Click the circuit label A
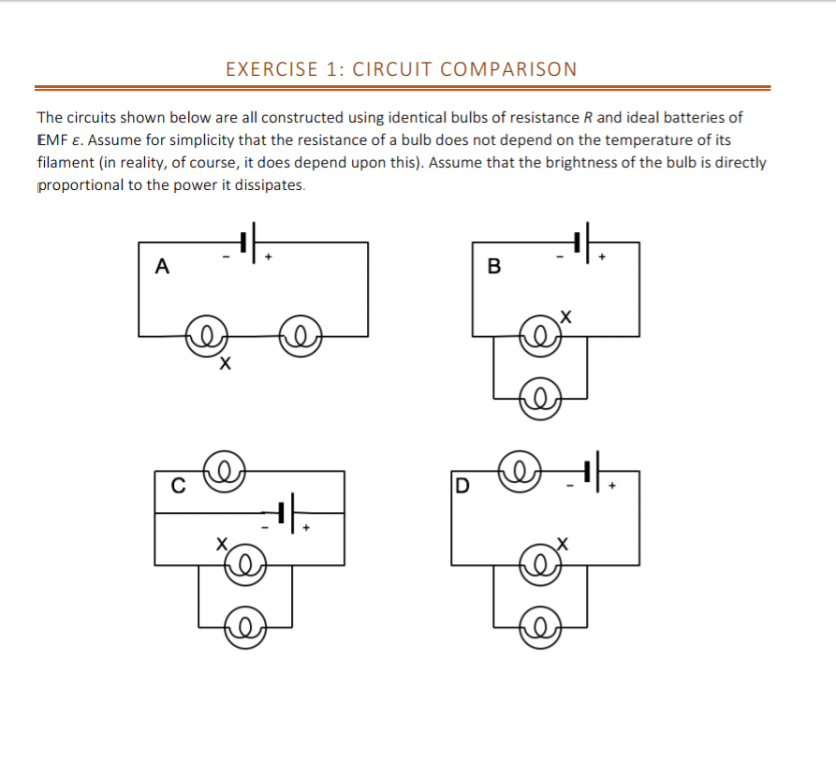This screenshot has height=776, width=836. coord(162,267)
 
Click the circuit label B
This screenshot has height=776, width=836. coord(494,267)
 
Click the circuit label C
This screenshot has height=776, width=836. coord(177,485)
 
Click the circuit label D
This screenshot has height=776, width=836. coord(461,486)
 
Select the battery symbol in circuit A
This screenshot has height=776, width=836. coord(247,242)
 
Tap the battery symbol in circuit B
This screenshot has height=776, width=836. coord(582,242)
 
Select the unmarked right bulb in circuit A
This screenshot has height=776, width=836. coord(301,335)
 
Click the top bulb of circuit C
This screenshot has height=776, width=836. coord(226,471)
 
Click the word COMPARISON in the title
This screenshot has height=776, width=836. coord(508,69)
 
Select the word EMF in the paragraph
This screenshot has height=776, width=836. coord(51,140)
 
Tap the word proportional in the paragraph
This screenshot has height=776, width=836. coord(81,184)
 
